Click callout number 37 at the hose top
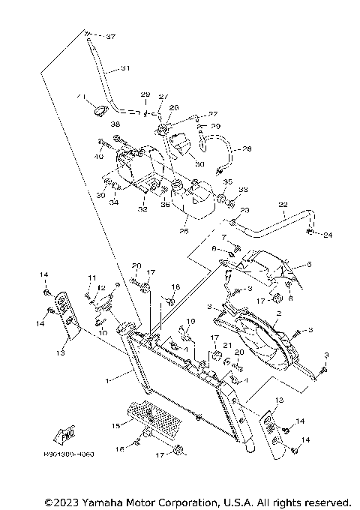pyautogui.click(x=111, y=37)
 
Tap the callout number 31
pyautogui.click(x=125, y=68)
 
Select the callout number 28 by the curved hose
pyautogui.click(x=247, y=149)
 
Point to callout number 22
pyautogui.click(x=283, y=204)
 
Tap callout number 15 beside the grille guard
pyautogui.click(x=115, y=426)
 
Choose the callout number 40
pyautogui.click(x=100, y=157)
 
